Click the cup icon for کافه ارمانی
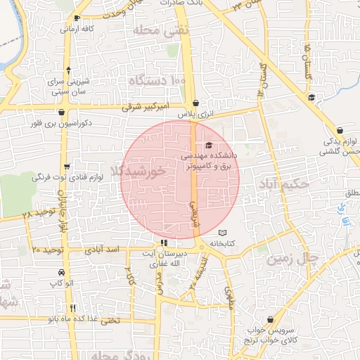coord(77,18)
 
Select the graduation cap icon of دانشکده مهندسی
coord(209,145)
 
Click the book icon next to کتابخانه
coord(223,233)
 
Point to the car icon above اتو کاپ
coord(62,272)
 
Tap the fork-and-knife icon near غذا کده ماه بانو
coord(72,308)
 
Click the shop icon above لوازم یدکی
coord(340,130)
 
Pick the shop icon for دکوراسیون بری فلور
coord(61,111)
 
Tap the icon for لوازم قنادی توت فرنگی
coord(67,167)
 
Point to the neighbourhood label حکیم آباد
coord(285,184)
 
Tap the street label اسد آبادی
coord(103,250)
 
